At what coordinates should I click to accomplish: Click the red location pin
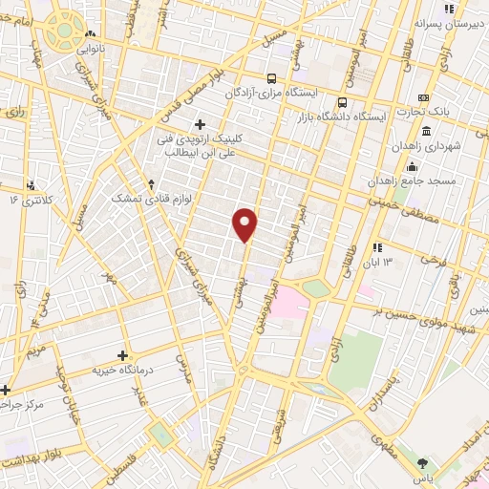click(246, 224)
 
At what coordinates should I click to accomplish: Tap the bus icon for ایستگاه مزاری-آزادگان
click(273, 79)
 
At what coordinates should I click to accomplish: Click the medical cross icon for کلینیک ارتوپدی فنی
click(200, 123)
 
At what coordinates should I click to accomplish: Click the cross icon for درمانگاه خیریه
click(122, 355)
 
